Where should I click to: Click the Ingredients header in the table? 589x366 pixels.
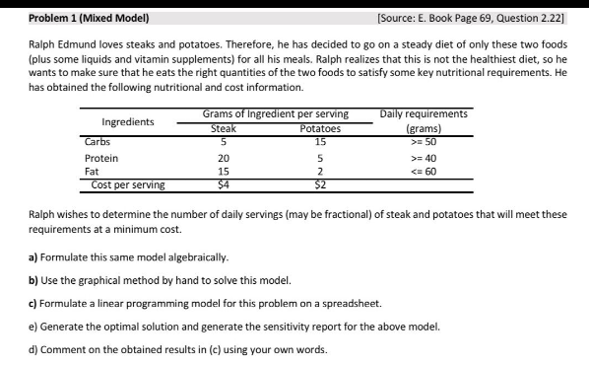tap(128, 122)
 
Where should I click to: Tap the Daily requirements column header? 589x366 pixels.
tap(424, 115)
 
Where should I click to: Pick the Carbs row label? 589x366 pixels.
tap(98, 141)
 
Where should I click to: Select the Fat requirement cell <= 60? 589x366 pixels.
tap(424, 171)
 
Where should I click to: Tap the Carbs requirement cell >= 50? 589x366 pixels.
tap(424, 141)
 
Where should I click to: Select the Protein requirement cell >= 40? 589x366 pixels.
tap(424, 158)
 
